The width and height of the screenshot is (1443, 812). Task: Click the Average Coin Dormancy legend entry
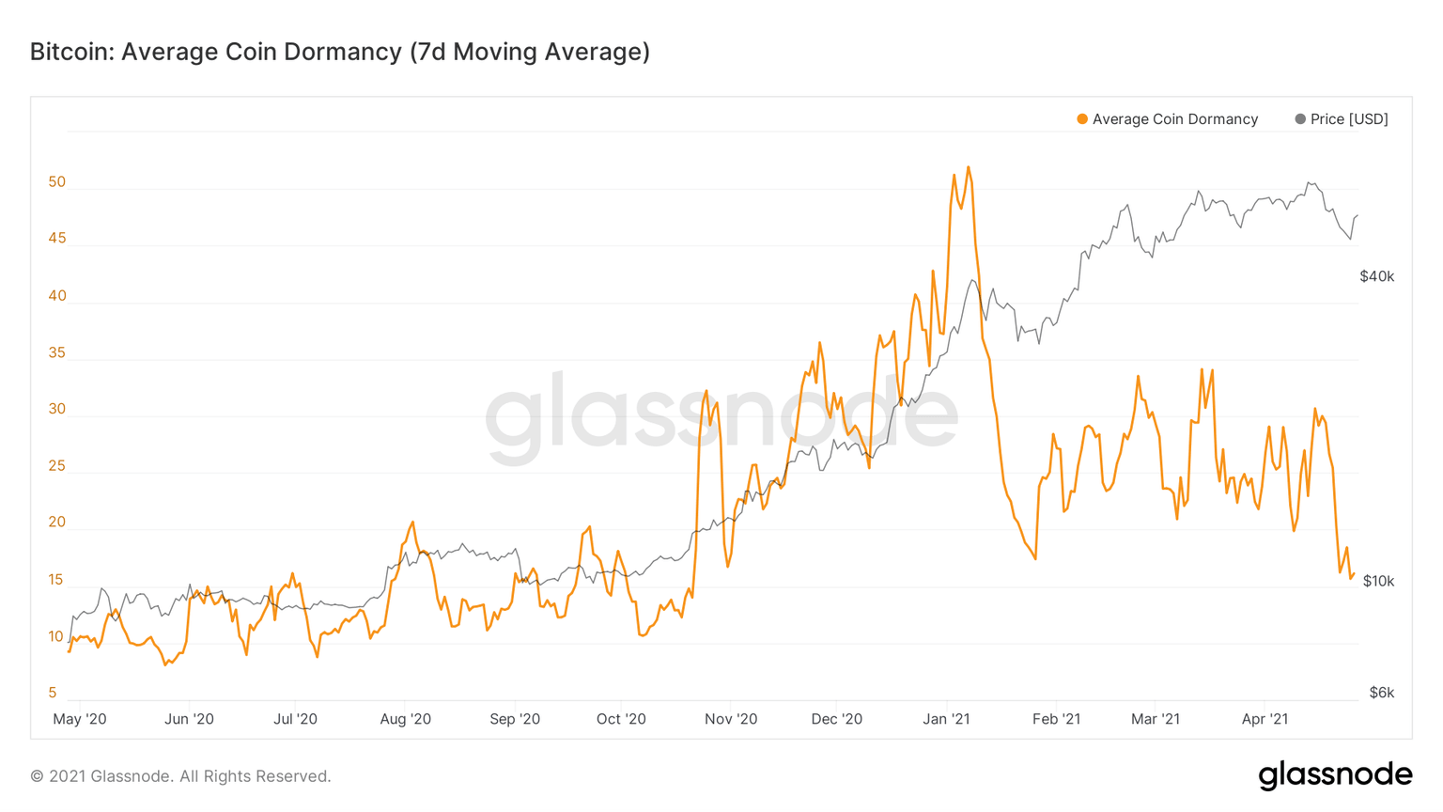tap(1174, 119)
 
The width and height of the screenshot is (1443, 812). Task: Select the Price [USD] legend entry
tap(1348, 119)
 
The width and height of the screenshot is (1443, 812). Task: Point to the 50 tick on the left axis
tap(57, 182)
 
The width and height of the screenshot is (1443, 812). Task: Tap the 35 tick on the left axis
tap(57, 353)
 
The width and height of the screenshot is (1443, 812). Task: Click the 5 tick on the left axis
tap(53, 693)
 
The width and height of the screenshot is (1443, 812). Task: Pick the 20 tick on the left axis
tap(57, 523)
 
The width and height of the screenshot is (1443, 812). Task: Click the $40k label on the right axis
tap(1376, 276)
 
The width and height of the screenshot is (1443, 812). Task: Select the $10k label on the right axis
tap(1378, 581)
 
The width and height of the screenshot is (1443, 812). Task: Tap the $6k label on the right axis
tap(1381, 693)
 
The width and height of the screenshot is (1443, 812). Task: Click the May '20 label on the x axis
tap(80, 719)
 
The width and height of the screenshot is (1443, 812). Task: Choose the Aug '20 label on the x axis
tap(405, 719)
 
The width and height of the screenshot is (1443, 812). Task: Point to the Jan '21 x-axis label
tap(946, 719)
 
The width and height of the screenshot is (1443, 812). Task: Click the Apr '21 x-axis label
tap(1265, 719)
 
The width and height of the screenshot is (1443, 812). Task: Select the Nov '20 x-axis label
tap(730, 719)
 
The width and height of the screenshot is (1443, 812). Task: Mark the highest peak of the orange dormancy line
tap(969, 168)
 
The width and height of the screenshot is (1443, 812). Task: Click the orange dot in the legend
tap(1082, 119)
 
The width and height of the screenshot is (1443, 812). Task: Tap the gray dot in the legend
tap(1300, 119)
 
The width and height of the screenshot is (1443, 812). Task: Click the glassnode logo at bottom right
tap(1335, 775)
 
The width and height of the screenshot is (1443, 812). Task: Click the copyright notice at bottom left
tap(180, 776)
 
